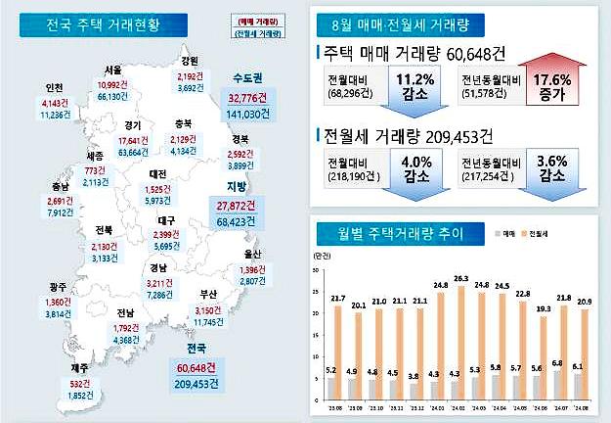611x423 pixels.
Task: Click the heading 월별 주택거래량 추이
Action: point(400,235)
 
